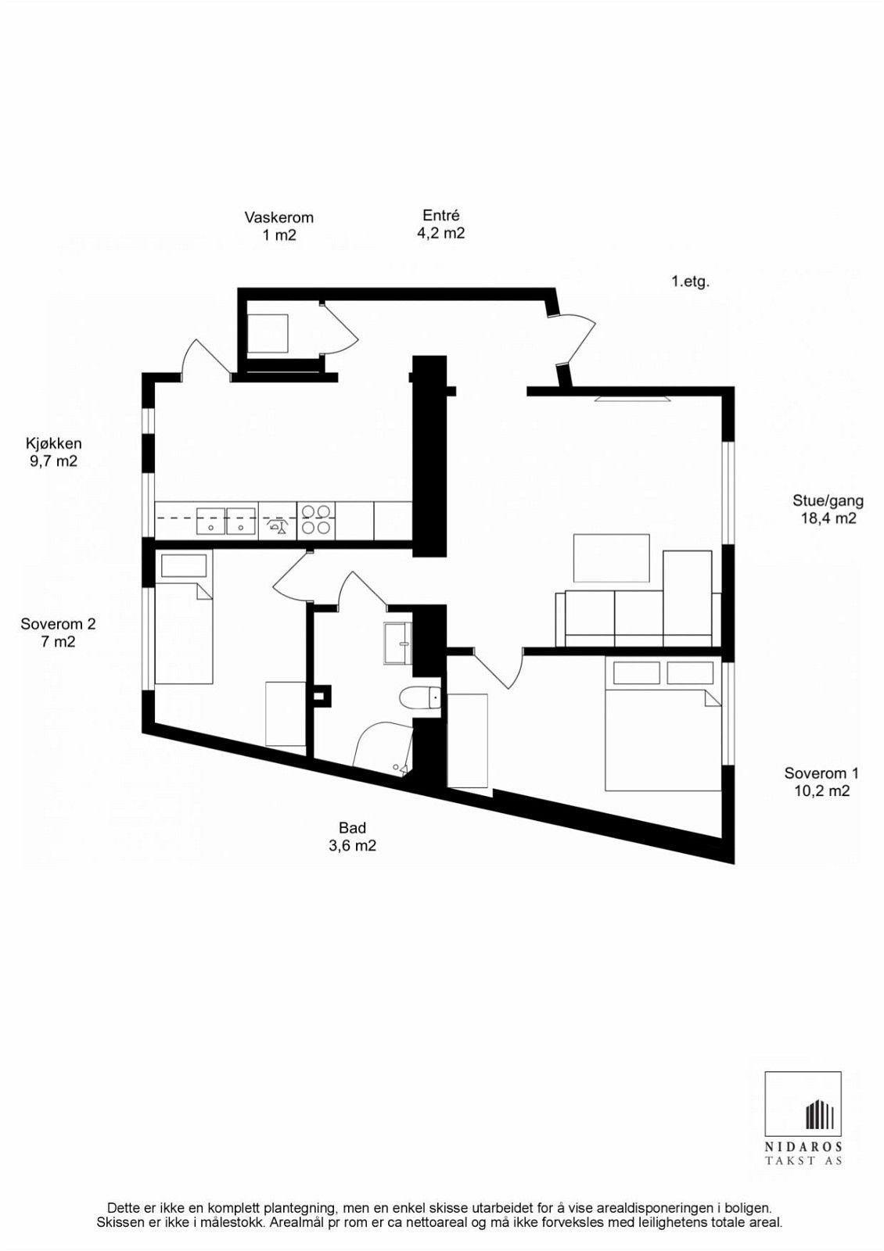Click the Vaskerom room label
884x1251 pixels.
coord(278,225)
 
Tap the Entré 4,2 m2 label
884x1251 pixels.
coord(440,224)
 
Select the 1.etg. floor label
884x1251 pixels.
coord(689,281)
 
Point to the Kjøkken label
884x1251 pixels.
coord(53,452)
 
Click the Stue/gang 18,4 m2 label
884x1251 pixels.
coord(827,509)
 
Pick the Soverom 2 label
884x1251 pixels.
coord(58,633)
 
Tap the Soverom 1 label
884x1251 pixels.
coord(821,781)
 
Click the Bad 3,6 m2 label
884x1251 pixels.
coord(352,836)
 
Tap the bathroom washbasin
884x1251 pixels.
coord(398,643)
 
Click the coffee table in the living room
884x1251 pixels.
coord(611,557)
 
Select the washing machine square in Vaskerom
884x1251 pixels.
coord(268,333)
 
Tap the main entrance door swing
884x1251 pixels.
coord(577,338)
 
